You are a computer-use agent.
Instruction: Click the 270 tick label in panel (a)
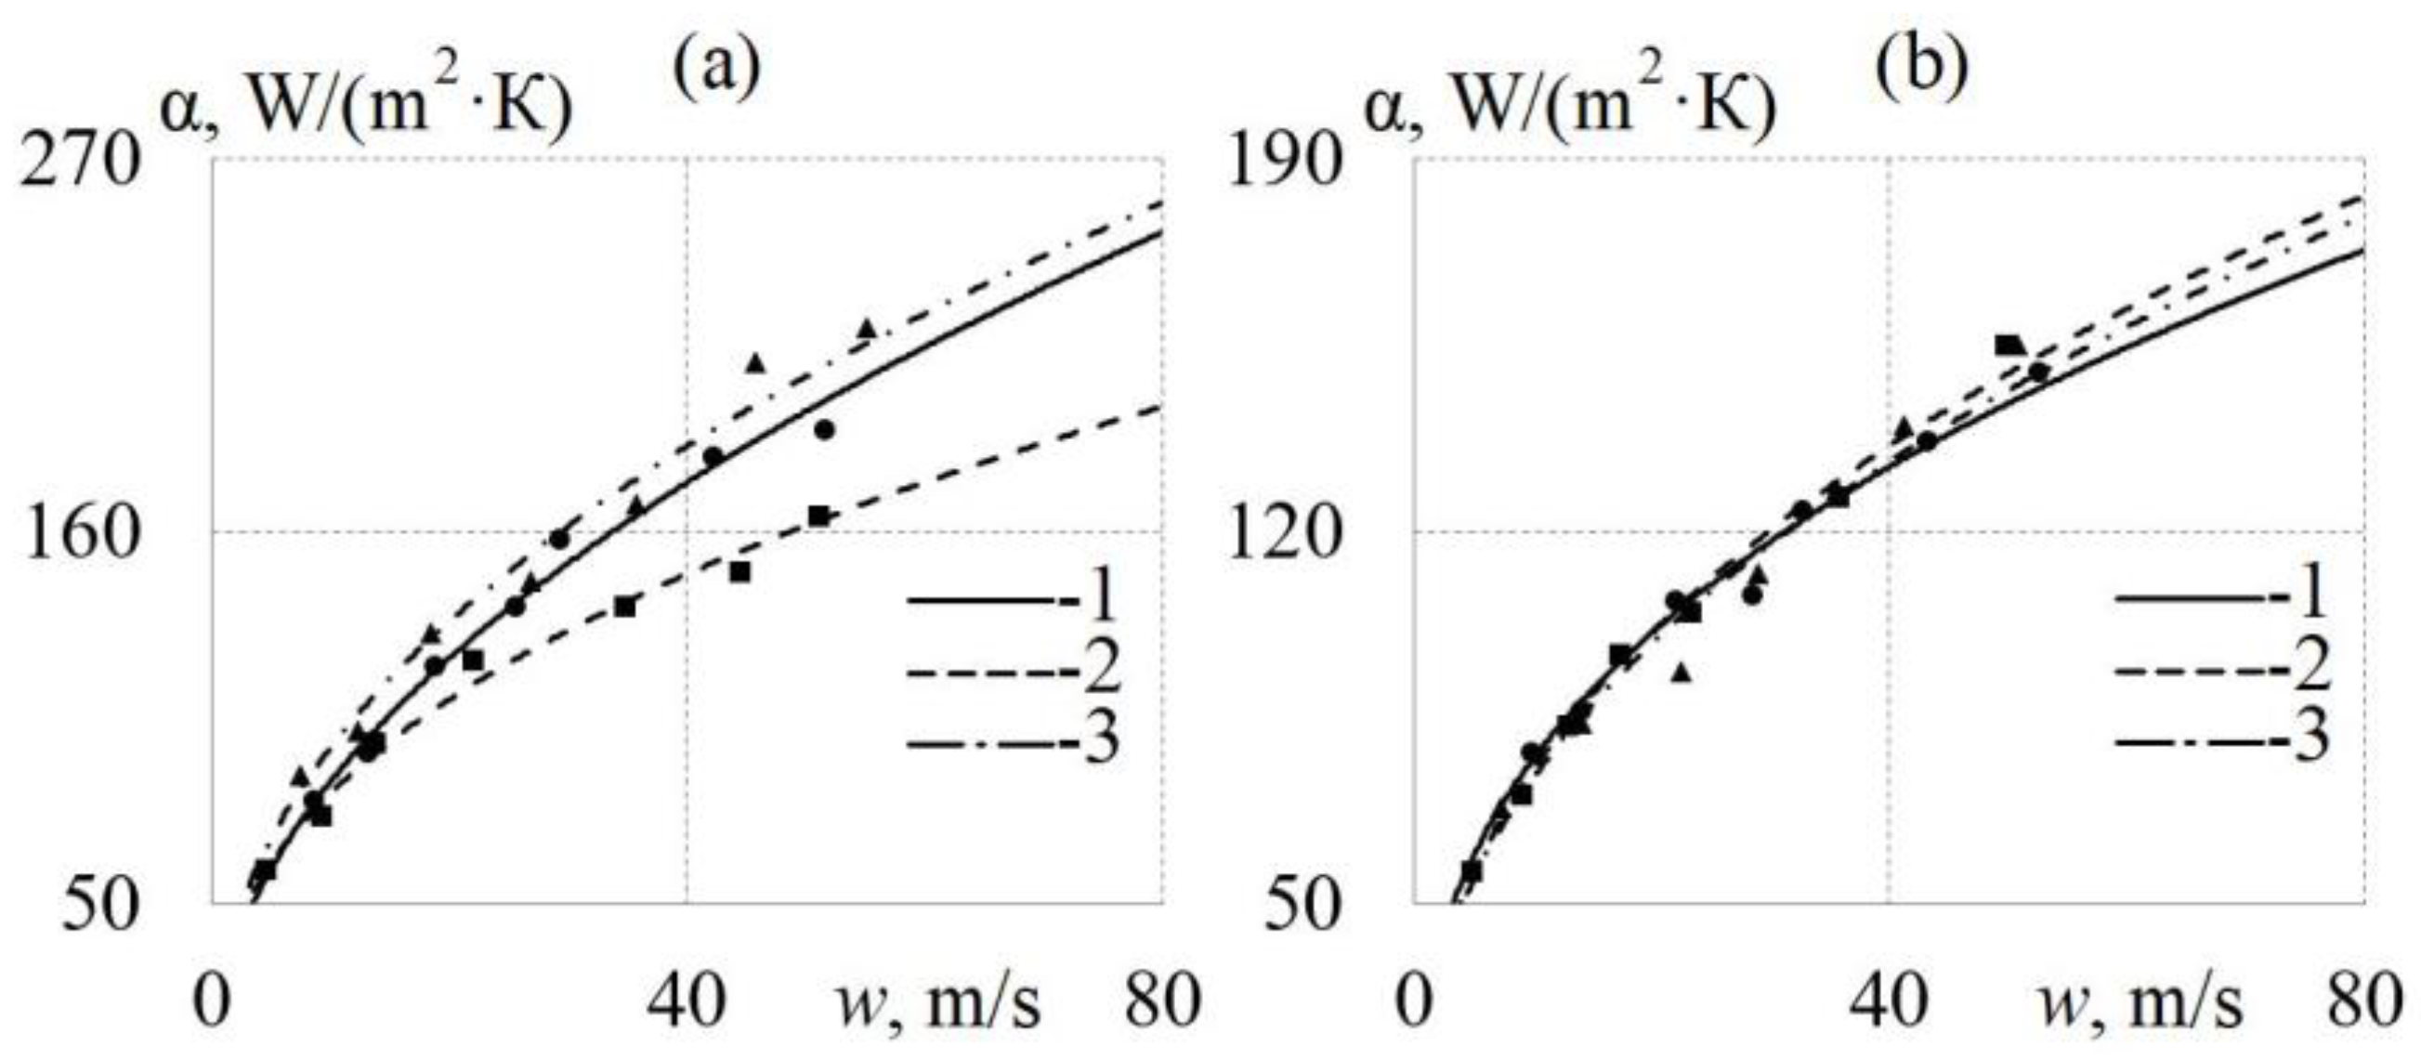[80, 163]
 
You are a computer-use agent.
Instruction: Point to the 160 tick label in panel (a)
[80, 543]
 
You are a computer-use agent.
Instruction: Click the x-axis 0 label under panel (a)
[213, 1003]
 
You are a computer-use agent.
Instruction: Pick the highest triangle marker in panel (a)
[867, 329]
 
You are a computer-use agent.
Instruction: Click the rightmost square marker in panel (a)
[819, 516]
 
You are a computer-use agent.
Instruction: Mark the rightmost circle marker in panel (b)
[2037, 373]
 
